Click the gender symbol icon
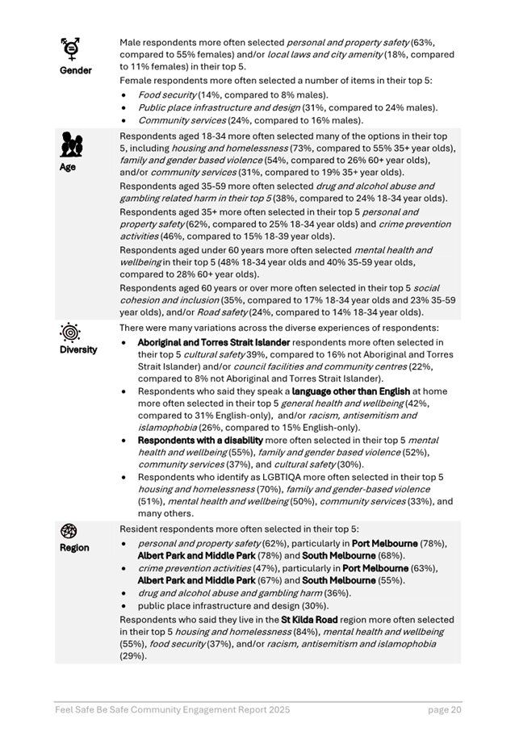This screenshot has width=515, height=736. (72, 48)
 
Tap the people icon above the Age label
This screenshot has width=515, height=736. (72, 145)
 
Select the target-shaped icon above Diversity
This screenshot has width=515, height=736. (72, 332)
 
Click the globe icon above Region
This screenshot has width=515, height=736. (69, 530)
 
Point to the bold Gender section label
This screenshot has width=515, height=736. (75, 70)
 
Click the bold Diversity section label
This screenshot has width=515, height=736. (77, 349)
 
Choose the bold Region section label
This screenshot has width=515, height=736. (73, 548)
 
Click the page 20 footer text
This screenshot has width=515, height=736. (444, 709)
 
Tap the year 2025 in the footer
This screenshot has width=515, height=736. (277, 709)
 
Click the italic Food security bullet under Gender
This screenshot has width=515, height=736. (165, 94)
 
